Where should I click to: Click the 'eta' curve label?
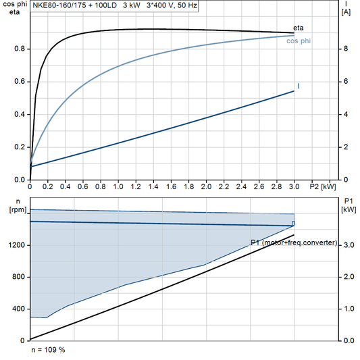click(x=298, y=28)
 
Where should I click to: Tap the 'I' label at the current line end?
click(x=298, y=86)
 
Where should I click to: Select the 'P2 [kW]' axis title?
click(x=322, y=186)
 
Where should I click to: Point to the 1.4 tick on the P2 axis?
click(x=153, y=186)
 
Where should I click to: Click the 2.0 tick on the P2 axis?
click(x=206, y=186)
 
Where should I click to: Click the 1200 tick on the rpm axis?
click(x=16, y=245)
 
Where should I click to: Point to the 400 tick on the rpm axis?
click(x=18, y=309)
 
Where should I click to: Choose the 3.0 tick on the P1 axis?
click(x=348, y=245)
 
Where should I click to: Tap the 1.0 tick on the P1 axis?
click(x=348, y=309)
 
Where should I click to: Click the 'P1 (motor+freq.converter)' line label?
click(x=293, y=242)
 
